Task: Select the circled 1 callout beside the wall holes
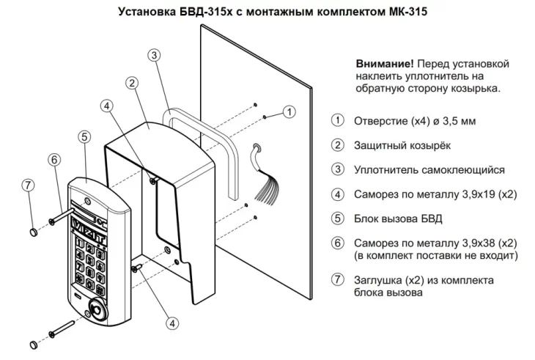click(x=288, y=112)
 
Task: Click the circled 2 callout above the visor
click(x=133, y=83)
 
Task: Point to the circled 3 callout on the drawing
click(x=154, y=55)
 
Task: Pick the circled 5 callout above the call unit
click(x=86, y=136)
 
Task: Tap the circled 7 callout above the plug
click(x=28, y=184)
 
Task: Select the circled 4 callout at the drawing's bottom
click(x=172, y=322)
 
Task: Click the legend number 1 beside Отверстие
click(x=337, y=121)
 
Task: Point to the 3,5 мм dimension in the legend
click(x=459, y=121)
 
